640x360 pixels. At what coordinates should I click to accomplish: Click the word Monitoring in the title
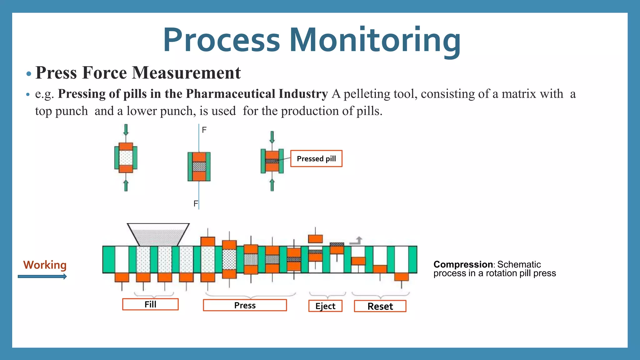click(375, 41)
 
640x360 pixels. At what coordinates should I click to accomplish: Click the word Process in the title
click(221, 41)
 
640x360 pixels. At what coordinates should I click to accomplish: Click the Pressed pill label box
click(316, 159)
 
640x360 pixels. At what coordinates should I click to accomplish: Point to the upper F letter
click(204, 130)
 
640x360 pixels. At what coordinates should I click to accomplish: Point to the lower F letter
click(196, 204)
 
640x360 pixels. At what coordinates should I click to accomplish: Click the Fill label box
click(150, 304)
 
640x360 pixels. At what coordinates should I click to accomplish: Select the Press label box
click(245, 305)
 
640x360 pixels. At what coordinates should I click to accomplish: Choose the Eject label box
click(325, 306)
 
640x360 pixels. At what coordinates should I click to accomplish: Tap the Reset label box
click(380, 306)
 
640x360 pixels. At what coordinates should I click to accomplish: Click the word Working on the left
click(45, 265)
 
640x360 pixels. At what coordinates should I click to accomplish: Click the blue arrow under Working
click(42, 277)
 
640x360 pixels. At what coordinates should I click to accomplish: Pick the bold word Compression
click(463, 264)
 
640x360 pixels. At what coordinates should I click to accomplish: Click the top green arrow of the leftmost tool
click(126, 129)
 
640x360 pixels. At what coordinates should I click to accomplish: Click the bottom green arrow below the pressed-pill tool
click(272, 185)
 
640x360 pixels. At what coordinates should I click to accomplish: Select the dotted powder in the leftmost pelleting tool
click(126, 158)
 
